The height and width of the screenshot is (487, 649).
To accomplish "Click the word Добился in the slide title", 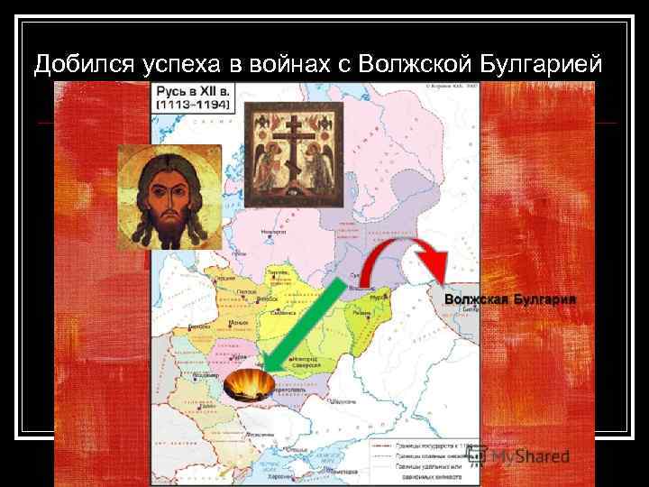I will tap(80, 65).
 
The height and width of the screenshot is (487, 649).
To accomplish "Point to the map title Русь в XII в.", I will tap(193, 93).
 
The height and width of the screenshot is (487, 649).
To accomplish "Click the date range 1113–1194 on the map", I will tap(194, 106).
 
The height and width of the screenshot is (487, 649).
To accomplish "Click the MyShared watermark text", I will tap(528, 456).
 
